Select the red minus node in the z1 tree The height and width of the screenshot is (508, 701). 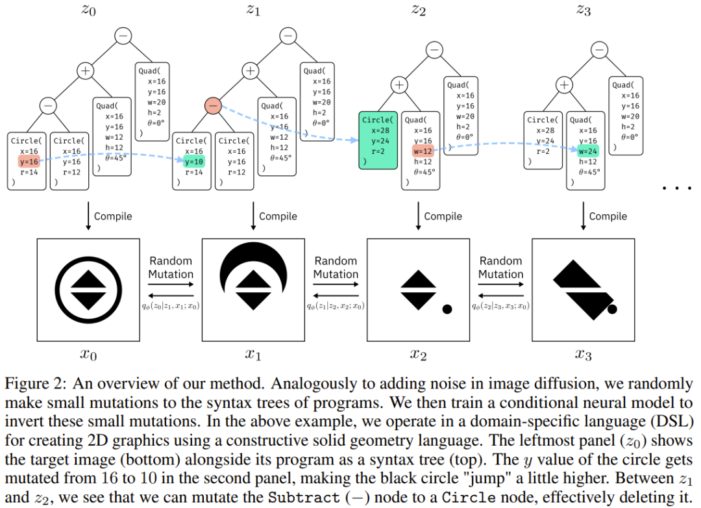(x=214, y=105)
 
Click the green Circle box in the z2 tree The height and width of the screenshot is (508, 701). (x=377, y=141)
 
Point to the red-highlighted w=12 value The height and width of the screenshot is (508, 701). (x=423, y=151)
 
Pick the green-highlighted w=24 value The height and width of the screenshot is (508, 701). (x=587, y=151)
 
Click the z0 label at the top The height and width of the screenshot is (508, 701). (x=88, y=10)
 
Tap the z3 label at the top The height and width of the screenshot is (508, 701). (x=584, y=10)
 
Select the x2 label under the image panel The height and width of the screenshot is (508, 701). (x=418, y=355)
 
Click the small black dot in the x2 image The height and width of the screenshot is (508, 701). (x=447, y=309)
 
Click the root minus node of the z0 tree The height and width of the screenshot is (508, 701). (x=123, y=36)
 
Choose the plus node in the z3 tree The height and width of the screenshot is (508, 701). (x=565, y=84)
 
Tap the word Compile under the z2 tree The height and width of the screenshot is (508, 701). (x=443, y=216)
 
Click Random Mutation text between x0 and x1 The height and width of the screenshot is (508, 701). (x=171, y=268)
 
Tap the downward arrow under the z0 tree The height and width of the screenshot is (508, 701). (x=88, y=216)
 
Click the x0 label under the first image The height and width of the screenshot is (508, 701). (x=88, y=355)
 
